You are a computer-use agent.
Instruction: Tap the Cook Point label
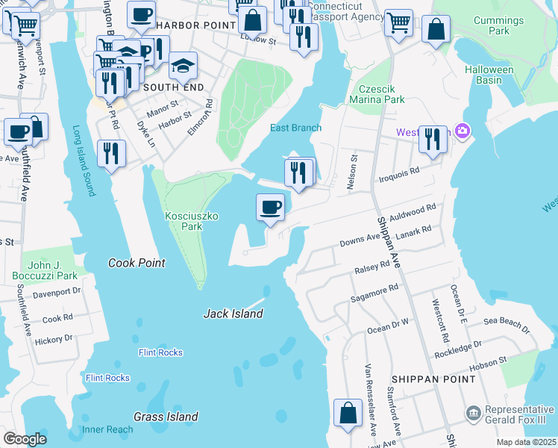(x=137, y=263)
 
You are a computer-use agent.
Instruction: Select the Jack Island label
(x=233, y=314)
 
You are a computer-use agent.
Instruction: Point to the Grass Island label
(x=166, y=417)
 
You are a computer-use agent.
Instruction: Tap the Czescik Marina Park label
(x=380, y=93)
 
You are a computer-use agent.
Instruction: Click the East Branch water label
(x=295, y=128)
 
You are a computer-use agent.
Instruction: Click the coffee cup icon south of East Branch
(x=270, y=207)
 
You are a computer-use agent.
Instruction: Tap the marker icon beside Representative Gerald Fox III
(x=472, y=414)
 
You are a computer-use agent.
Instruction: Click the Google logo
(x=25, y=439)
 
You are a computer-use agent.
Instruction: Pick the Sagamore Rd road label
(x=373, y=293)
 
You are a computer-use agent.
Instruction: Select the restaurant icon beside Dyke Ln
(x=111, y=154)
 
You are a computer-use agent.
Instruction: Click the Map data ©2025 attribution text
(x=525, y=442)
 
